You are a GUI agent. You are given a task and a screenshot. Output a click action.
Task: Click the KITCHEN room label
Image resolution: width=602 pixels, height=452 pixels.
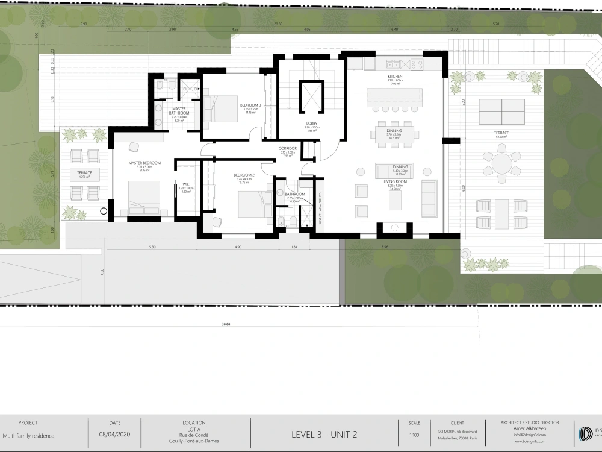click(x=395, y=77)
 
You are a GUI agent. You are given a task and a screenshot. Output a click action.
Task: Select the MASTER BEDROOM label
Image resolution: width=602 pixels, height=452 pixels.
click(x=144, y=163)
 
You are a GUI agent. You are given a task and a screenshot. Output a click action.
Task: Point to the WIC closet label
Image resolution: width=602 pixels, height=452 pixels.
click(x=186, y=184)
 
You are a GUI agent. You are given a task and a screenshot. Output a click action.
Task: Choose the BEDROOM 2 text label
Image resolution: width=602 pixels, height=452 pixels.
click(x=244, y=175)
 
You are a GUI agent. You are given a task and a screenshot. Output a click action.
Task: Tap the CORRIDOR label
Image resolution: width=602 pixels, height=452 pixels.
click(x=287, y=148)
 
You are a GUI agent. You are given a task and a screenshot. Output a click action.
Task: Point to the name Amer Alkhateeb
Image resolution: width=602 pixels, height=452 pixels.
click(x=530, y=428)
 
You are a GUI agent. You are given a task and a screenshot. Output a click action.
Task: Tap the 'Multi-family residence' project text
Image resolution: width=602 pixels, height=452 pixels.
click(x=28, y=435)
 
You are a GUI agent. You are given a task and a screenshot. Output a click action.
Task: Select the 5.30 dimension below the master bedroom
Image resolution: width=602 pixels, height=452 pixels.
click(x=152, y=247)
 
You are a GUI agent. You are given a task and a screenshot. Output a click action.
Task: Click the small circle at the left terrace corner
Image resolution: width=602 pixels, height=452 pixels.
click(x=104, y=211)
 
